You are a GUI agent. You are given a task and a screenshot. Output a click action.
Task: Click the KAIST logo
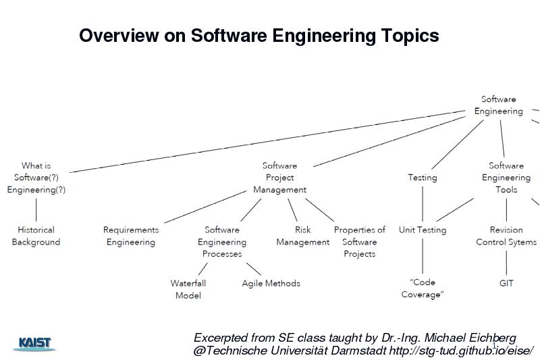pyautogui.click(x=34, y=344)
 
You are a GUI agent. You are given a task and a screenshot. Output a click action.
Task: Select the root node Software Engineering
pyautogui.click(x=498, y=105)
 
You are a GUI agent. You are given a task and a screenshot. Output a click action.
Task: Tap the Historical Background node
pyautogui.click(x=36, y=236)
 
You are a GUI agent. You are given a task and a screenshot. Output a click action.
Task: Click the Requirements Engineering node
pyautogui.click(x=131, y=236)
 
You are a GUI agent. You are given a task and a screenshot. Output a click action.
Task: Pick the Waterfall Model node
pyautogui.click(x=188, y=289)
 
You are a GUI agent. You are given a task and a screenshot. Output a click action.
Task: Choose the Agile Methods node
pyautogui.click(x=271, y=283)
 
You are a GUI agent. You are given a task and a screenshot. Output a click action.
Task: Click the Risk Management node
pyautogui.click(x=302, y=236)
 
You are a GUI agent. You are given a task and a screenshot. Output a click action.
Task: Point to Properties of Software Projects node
pyautogui.click(x=360, y=242)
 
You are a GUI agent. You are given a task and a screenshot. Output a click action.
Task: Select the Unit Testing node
pyautogui.click(x=423, y=230)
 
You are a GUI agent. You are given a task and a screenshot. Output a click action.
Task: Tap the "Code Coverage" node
pyautogui.click(x=423, y=288)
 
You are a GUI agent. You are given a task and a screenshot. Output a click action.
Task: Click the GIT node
pyautogui.click(x=506, y=283)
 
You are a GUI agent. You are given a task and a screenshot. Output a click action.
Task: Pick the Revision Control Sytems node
pyautogui.click(x=506, y=236)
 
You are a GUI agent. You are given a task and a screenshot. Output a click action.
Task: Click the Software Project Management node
pyautogui.click(x=279, y=178)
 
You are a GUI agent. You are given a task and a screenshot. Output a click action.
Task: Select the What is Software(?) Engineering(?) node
pyautogui.click(x=36, y=178)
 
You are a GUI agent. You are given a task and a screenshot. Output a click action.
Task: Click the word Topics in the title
pyautogui.click(x=410, y=36)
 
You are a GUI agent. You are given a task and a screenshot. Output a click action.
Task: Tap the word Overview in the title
pyautogui.click(x=119, y=35)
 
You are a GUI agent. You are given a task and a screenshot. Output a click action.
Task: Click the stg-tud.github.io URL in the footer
pyautogui.click(x=462, y=351)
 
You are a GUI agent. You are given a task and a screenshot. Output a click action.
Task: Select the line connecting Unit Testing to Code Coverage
pyautogui.click(x=423, y=256)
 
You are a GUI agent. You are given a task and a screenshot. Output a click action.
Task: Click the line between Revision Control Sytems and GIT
pyautogui.click(x=506, y=263)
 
